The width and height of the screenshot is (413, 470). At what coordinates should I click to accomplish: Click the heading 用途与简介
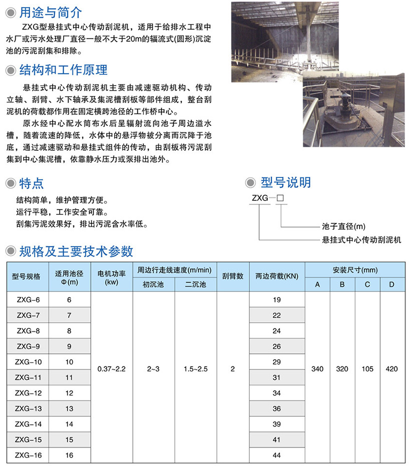(50, 13)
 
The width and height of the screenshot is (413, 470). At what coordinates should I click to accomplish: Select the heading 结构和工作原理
(63, 69)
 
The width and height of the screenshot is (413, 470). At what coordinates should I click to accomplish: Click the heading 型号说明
(285, 182)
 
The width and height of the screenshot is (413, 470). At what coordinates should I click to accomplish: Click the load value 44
(277, 455)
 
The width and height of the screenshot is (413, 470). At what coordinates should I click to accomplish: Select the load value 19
(277, 300)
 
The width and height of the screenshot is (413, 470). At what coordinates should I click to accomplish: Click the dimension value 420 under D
(392, 369)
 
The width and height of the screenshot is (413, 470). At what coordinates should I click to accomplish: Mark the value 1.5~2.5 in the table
(195, 369)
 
